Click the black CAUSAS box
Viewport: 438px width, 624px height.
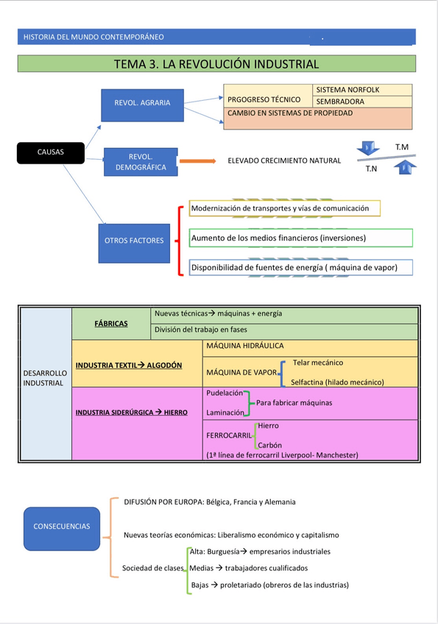(x=50, y=152)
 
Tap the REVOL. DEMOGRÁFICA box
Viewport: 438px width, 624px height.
(x=141, y=162)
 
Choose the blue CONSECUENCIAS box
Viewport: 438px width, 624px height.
(x=62, y=526)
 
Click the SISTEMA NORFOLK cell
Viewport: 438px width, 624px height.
(x=362, y=90)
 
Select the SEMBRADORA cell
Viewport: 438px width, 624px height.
(x=362, y=102)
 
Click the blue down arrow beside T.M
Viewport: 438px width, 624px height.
(x=370, y=146)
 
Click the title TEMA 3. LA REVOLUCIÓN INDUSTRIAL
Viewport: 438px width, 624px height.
(x=216, y=64)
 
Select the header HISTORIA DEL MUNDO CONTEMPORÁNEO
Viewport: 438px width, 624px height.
(x=94, y=37)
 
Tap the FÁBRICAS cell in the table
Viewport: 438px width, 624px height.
(x=111, y=324)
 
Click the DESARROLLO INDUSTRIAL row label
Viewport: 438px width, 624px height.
(x=45, y=378)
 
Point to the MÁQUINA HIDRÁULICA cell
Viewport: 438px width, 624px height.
(x=245, y=346)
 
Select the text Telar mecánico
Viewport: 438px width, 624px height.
(x=317, y=363)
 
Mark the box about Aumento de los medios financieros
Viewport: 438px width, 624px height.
(x=300, y=238)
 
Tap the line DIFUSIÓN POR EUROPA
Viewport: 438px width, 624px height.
(x=210, y=502)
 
